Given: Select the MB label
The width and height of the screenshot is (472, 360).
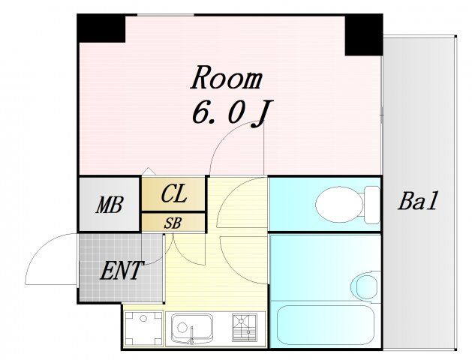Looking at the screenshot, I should coord(109,205).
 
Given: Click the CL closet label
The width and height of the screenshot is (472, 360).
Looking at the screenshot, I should coord(173,194).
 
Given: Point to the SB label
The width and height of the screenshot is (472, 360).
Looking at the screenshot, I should coord(173,223).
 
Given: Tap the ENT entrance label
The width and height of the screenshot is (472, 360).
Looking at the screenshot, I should coord(121,270).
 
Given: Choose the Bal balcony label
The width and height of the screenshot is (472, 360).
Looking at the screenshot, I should coord(417,202).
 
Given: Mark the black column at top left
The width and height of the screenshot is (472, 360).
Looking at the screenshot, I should coord(101,28).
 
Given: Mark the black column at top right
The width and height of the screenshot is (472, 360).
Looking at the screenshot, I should coord(363,34).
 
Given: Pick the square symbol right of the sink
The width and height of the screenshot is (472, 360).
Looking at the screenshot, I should coord(245,327).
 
